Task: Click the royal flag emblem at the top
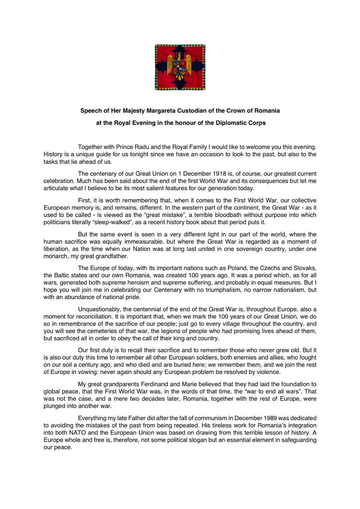(180, 67)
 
